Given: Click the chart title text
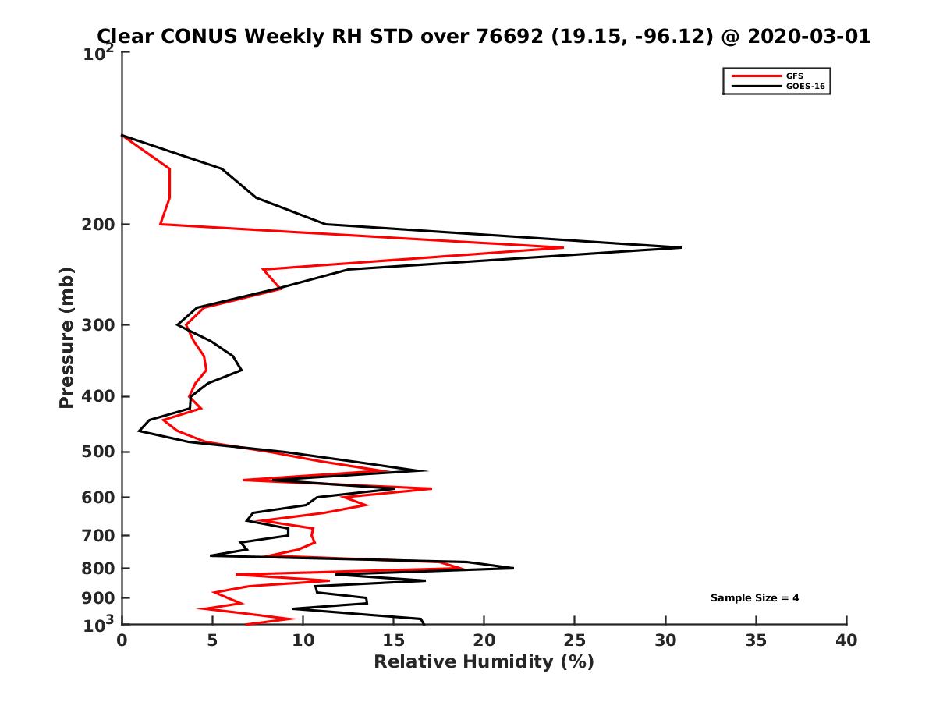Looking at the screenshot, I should point(484,37).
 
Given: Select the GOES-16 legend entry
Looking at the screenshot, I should point(803,87).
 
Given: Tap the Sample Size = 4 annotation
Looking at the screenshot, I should point(754,598).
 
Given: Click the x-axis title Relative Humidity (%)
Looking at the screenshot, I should point(484,662).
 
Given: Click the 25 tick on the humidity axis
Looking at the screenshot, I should point(575,641).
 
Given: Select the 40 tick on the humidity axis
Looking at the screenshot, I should point(846,641).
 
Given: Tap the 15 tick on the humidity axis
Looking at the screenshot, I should point(394,641).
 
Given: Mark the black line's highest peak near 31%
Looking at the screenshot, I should point(680,247).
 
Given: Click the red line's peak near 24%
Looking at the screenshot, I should point(563,248).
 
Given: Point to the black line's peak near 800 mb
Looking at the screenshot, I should point(513,568).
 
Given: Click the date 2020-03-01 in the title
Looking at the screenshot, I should point(807,37).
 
